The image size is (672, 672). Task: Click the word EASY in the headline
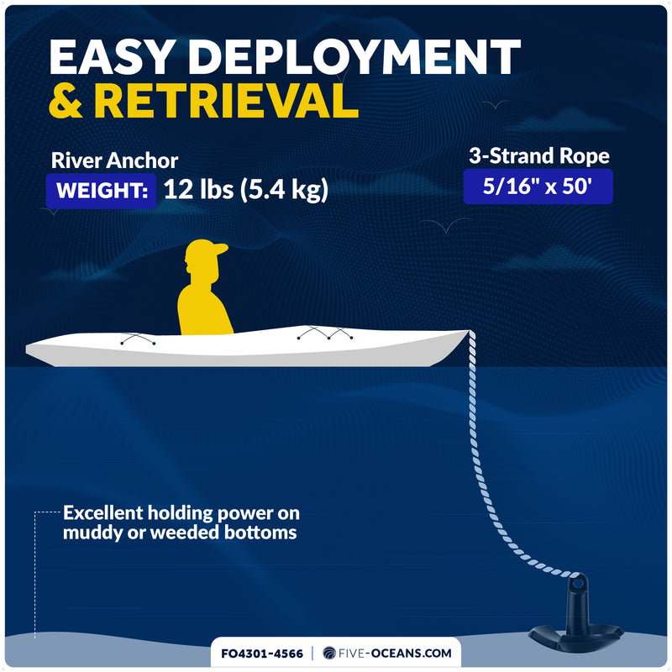[x=112, y=57]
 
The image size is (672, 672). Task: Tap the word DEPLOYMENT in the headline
[x=354, y=57]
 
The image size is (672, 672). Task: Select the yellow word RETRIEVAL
[x=226, y=100]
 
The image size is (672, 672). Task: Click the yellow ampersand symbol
[x=66, y=100]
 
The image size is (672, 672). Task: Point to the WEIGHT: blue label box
[x=101, y=191]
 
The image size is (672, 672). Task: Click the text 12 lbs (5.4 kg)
[x=246, y=190]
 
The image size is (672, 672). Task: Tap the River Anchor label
[x=114, y=160]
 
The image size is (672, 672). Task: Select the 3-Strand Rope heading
[x=538, y=155]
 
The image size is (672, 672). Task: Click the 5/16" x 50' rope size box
[x=538, y=186]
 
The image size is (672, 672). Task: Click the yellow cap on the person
[x=205, y=249]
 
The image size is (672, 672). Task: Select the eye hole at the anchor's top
[x=578, y=583]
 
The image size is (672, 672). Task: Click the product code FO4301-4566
[x=262, y=654]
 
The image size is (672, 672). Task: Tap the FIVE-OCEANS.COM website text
[x=395, y=654]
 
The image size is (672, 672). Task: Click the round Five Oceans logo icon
[x=329, y=654]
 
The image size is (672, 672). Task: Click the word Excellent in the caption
[x=102, y=512]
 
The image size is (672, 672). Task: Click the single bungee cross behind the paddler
[x=138, y=339]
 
